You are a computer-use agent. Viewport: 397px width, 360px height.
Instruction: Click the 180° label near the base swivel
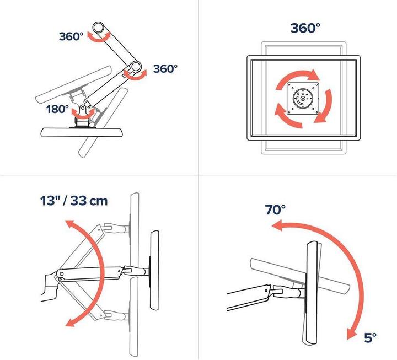57,109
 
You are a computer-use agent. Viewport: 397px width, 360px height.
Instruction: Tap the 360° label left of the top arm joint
71,37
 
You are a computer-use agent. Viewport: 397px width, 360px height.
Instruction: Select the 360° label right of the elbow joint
165,69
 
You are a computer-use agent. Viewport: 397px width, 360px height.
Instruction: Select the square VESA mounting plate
302,99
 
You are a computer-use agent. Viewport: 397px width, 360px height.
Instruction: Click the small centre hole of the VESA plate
302,100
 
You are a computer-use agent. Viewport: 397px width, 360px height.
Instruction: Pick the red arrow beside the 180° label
83,114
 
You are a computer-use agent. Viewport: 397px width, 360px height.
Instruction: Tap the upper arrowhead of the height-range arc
69,225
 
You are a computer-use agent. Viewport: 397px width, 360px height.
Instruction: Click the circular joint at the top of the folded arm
99,27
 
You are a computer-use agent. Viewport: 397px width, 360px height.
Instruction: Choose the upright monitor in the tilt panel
312,287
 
